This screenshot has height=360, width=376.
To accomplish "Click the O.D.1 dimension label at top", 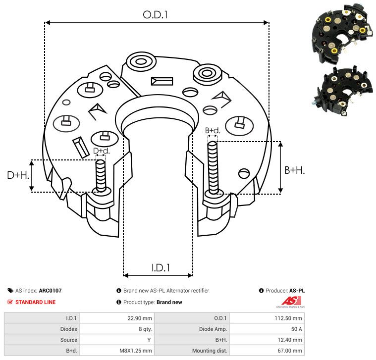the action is coord(155,15).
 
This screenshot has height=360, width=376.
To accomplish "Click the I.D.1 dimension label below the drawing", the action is coord(161,268).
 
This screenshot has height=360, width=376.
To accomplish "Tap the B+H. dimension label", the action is coord(294,170).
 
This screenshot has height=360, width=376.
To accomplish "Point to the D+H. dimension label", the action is coord(18,175).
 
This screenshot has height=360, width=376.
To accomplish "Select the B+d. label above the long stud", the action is coord(213,131).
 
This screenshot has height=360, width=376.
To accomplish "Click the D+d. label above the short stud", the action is coord(102,151).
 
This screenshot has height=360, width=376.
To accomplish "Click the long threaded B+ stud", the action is coord(213,167).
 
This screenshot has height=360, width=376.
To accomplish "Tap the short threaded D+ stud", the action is coord(101,176).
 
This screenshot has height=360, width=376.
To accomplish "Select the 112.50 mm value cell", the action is coord(267,318).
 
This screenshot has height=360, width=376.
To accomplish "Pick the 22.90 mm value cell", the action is coord(117,318).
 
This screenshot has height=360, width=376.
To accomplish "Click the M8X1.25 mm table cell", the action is coord(117,351).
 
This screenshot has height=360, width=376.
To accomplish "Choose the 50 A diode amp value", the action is coord(267,329).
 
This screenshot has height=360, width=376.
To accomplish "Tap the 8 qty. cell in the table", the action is coord(117,329).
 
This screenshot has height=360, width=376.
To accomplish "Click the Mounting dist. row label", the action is coord(210,351).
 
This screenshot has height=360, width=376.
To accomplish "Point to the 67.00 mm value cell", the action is coord(267,351).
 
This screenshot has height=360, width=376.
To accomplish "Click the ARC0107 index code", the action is coord(50,291).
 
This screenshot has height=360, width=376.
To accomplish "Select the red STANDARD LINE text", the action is coord(36,302).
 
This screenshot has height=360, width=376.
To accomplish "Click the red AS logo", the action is coord(291,301).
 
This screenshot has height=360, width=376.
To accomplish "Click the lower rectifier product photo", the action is coord(343,91).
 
